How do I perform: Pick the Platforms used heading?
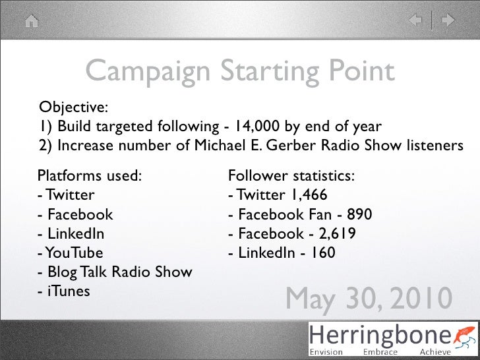90,177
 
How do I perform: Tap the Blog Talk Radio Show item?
115,272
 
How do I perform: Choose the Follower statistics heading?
291,177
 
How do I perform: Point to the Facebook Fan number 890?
358,215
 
